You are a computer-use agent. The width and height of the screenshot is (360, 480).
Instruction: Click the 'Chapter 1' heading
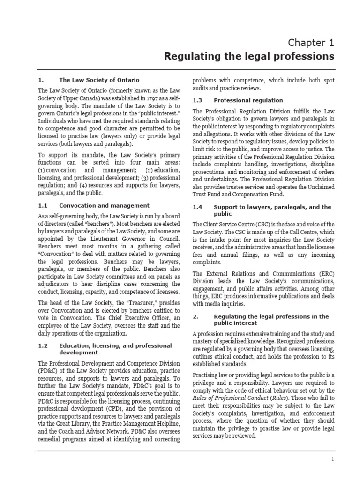(311, 43)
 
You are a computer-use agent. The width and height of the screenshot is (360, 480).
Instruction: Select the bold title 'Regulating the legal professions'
(249, 57)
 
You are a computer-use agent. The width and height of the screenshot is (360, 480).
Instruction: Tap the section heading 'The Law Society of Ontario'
(99, 80)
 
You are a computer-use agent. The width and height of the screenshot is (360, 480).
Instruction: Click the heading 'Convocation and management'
(105, 205)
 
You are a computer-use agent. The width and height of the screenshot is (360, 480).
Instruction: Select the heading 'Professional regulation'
(248, 100)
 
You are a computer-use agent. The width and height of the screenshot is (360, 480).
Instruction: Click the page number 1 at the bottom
(332, 460)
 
